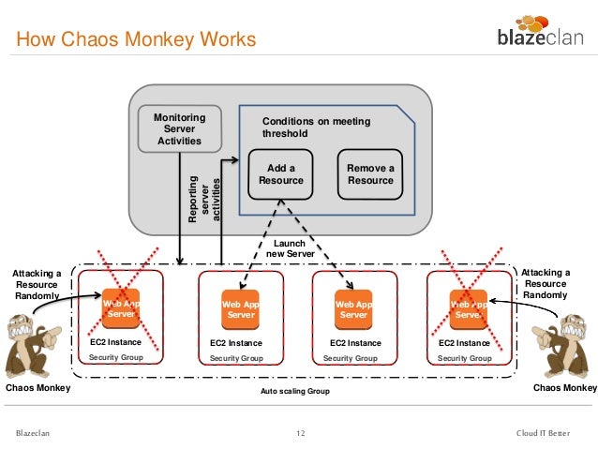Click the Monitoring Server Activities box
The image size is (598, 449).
click(x=180, y=129)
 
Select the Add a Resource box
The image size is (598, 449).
click(x=280, y=174)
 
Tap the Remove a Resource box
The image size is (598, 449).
click(x=370, y=174)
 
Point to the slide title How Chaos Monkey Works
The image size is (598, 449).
click(x=136, y=39)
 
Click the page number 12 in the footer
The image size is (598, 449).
click(x=301, y=433)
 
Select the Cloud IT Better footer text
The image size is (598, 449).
click(x=543, y=433)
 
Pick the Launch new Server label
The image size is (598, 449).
click(x=290, y=248)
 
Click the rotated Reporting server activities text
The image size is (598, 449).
click(x=204, y=199)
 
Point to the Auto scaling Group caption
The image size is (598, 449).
click(x=295, y=391)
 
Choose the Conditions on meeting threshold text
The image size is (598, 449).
click(x=316, y=127)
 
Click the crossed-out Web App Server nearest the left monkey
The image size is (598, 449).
click(x=121, y=308)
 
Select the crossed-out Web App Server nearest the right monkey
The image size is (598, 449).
click(x=469, y=309)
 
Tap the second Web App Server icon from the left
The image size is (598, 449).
click(x=240, y=309)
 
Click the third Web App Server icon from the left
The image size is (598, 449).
click(x=353, y=309)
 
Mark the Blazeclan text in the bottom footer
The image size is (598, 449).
click(x=33, y=433)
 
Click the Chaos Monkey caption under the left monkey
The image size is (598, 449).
click(x=38, y=387)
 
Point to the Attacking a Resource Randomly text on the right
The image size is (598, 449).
click(x=546, y=283)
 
